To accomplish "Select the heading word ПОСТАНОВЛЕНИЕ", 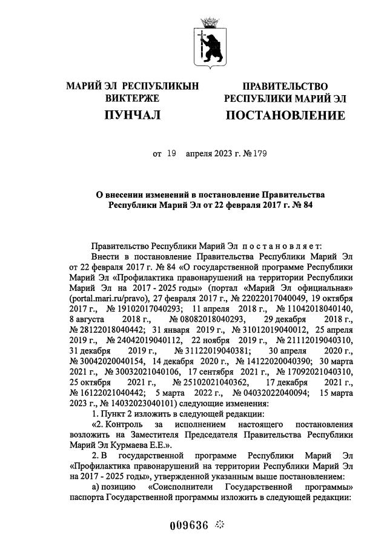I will point(285,115).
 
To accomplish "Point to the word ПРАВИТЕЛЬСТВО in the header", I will point(285,87).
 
